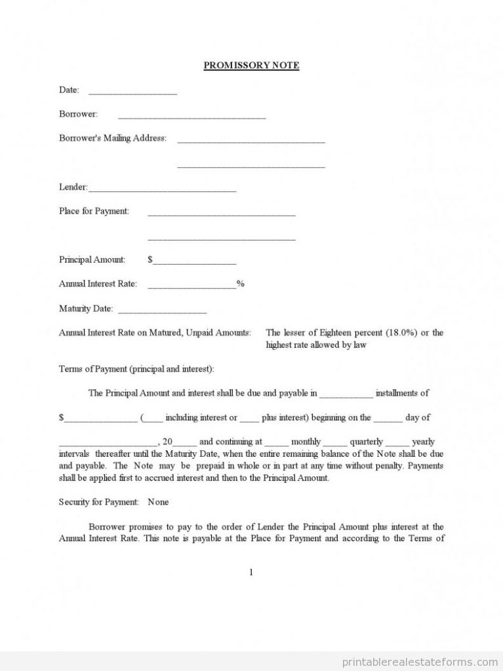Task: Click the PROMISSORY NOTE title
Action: (251, 66)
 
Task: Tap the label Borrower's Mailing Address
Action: (112, 138)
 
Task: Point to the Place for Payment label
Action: (94, 211)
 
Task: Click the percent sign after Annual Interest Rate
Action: (241, 284)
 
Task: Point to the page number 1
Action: (251, 572)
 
